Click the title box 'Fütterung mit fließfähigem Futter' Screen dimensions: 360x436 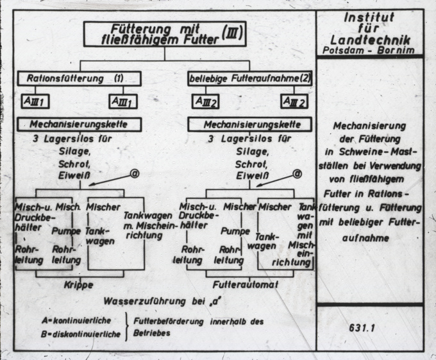(x=165, y=35)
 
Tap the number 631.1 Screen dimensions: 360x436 (x=369, y=327)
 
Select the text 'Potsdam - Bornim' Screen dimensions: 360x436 (x=369, y=49)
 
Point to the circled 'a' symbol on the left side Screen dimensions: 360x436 (x=135, y=173)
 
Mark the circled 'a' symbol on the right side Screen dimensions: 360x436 (x=298, y=174)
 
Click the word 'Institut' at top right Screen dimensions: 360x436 (x=369, y=17)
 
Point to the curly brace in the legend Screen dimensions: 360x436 (x=128, y=326)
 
